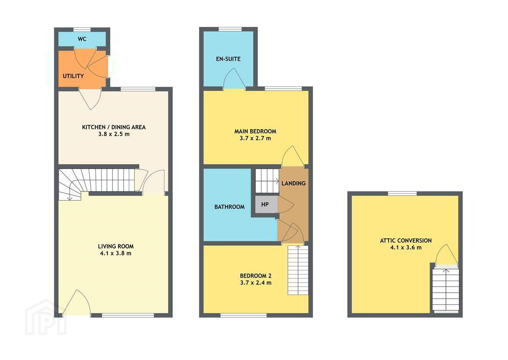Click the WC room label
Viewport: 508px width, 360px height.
82,39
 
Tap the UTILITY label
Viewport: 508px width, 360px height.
73,76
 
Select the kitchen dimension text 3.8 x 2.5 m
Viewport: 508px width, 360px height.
114,134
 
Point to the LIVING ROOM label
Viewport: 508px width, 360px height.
116,246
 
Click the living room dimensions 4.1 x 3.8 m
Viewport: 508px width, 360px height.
116,253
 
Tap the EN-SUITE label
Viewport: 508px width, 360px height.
228,59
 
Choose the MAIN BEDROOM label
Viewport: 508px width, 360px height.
255,131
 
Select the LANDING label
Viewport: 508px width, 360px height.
294,183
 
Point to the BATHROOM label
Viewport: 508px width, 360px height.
230,207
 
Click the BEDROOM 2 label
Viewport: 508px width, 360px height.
256,276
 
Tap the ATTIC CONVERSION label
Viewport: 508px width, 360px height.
406,241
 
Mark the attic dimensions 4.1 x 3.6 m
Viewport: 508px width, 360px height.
406,248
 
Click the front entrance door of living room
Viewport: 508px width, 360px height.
77,303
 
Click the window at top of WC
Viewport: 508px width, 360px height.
82,29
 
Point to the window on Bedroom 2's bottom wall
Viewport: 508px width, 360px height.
243,315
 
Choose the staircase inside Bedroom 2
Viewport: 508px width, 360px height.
298,270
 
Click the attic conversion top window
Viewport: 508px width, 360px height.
402,194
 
